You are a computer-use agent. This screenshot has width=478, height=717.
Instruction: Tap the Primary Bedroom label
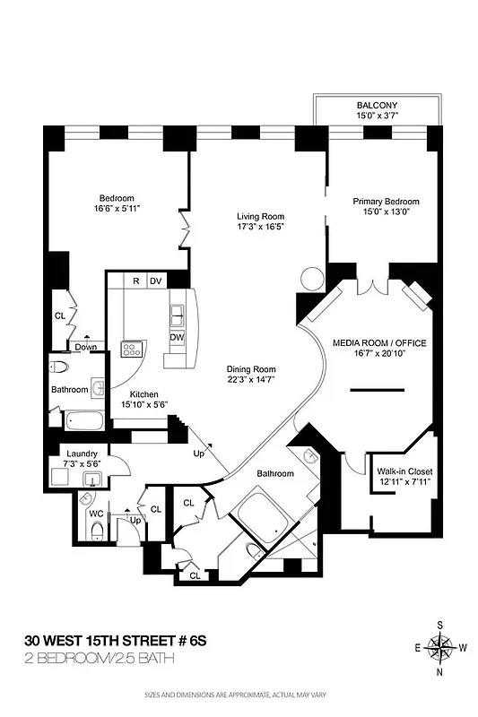click(386, 202)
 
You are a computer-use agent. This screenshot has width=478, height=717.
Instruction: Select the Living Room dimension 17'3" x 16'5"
click(260, 229)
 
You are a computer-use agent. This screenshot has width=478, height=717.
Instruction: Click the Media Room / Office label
click(379, 343)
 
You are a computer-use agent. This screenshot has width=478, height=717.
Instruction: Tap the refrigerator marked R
click(135, 281)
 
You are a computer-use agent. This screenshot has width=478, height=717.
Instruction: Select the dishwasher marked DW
click(178, 337)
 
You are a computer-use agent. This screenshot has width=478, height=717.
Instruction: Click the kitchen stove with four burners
click(131, 349)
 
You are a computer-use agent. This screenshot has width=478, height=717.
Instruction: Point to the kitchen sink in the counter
click(178, 315)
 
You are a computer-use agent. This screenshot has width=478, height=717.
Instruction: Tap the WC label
click(95, 514)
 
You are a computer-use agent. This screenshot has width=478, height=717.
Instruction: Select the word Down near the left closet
click(86, 347)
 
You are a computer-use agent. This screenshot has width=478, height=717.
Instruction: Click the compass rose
click(440, 645)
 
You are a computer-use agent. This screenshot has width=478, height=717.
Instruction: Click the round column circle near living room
click(310, 279)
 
